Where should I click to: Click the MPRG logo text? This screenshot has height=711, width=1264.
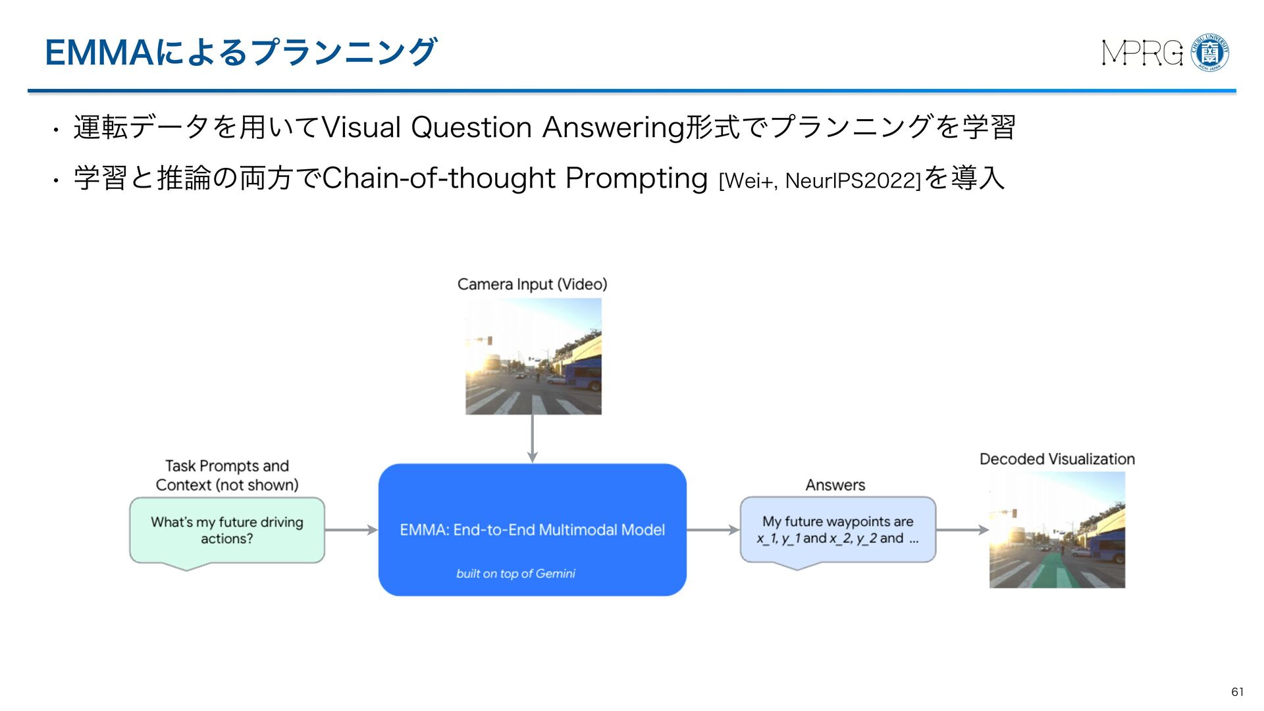1142,53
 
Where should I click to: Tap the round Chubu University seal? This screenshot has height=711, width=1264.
1210,53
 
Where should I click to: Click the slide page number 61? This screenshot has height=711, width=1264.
1237,691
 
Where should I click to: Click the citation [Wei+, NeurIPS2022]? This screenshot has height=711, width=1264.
820,180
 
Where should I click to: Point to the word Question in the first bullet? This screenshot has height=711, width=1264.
471,127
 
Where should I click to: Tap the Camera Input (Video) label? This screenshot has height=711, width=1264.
532,284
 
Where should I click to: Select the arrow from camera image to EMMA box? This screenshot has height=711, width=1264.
533,438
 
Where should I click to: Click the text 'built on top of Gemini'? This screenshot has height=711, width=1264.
515,573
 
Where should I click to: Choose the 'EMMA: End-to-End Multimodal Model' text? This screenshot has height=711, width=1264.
532,530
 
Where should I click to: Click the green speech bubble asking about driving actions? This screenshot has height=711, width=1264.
227,530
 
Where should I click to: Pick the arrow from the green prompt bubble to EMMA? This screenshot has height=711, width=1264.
351,530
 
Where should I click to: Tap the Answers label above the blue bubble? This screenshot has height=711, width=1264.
835,485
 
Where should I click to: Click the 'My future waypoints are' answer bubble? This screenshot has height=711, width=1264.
837,530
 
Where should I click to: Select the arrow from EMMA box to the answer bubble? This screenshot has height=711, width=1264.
713,530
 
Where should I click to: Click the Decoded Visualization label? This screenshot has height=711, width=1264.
1057,460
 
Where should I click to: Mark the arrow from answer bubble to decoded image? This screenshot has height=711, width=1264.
962,530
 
